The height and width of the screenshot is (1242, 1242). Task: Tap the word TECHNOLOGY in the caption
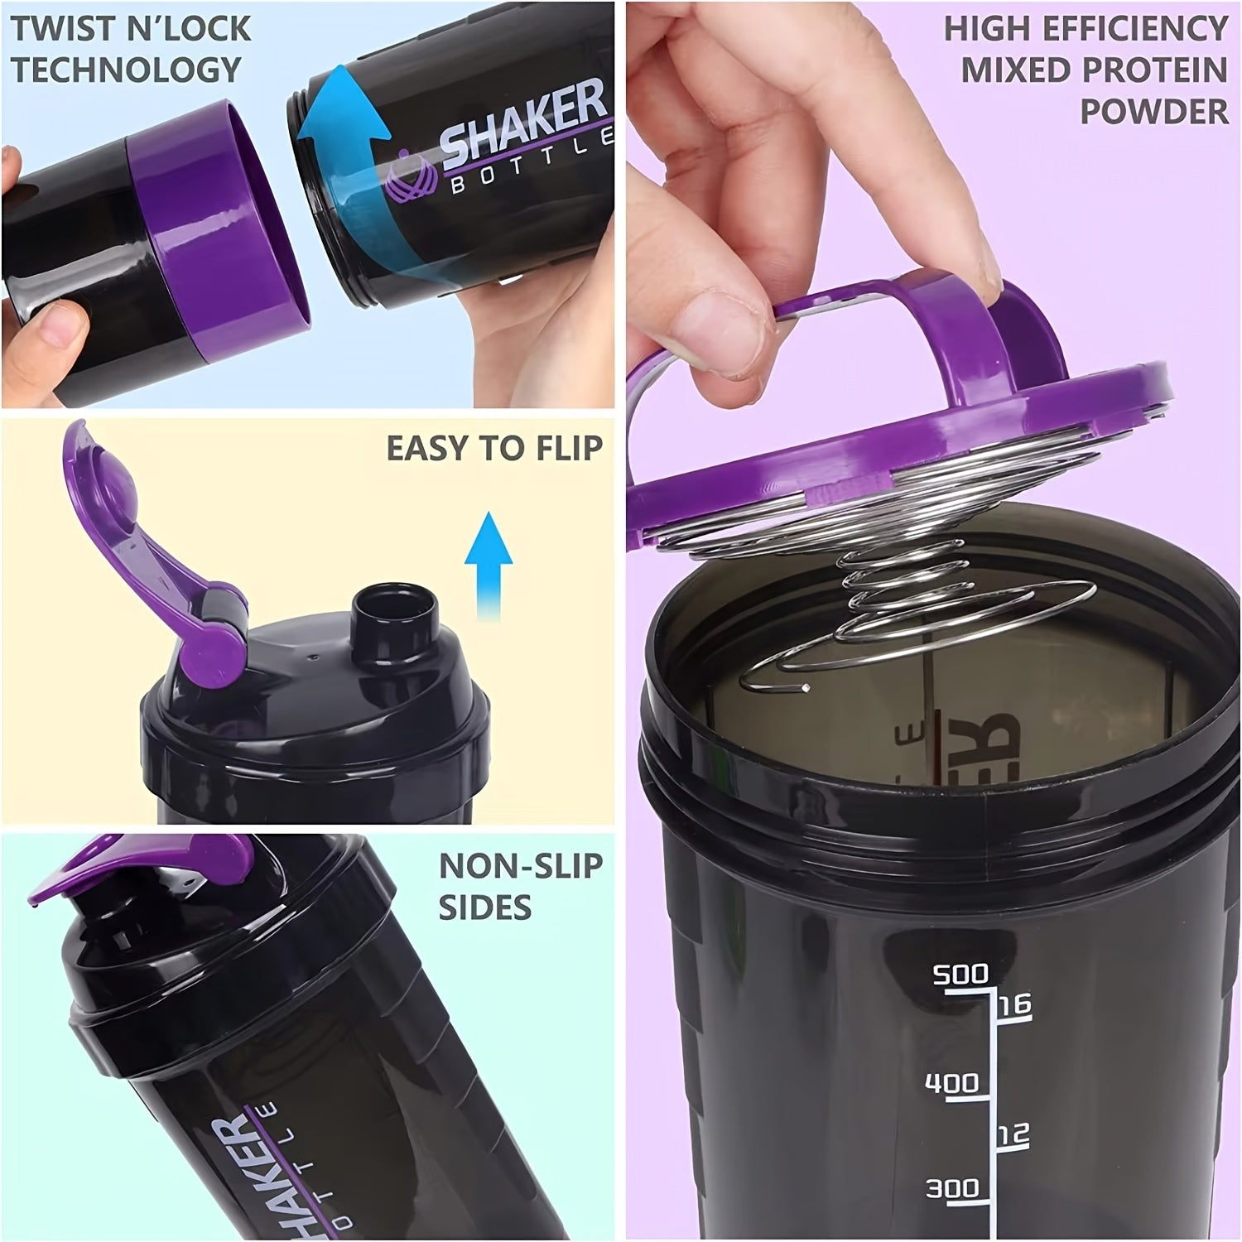[126, 70]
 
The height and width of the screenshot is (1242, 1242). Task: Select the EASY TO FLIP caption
[493, 448]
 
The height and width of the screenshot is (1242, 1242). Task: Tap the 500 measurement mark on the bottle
[960, 975]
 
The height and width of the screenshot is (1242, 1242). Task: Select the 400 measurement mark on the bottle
[951, 1083]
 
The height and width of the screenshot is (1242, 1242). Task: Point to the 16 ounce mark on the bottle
[1014, 1004]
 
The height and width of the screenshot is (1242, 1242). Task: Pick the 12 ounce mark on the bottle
[1012, 1134]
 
